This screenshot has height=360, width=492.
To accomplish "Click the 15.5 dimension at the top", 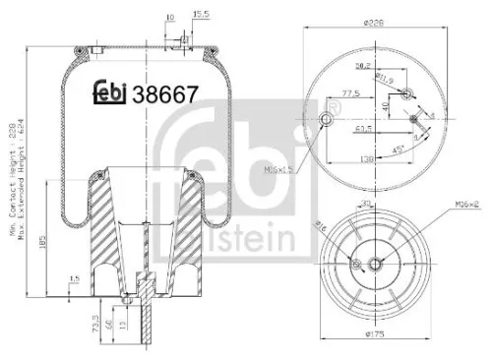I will pyautogui.click(x=203, y=16).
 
